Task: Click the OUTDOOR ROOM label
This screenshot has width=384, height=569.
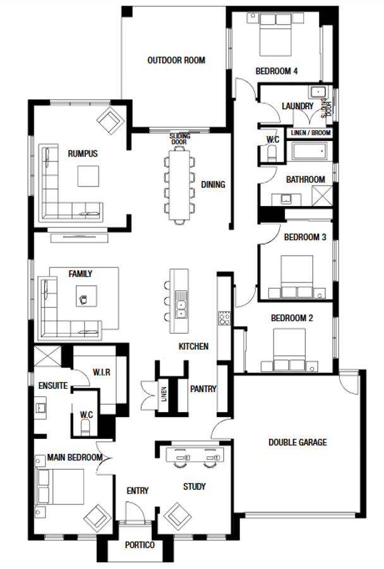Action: point(176,60)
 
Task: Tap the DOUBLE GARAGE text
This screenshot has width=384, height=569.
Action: point(297,443)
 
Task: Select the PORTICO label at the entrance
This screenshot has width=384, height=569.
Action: point(140,545)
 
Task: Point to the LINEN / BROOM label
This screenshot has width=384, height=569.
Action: point(310,133)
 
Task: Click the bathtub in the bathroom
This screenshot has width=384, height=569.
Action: point(309,150)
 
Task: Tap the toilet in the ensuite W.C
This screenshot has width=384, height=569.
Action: point(85,427)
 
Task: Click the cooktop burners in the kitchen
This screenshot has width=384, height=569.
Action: point(224,318)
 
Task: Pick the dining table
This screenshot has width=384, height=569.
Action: point(179,184)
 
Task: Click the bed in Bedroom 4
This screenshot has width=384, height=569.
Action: point(275,35)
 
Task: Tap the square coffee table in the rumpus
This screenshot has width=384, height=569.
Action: point(88,176)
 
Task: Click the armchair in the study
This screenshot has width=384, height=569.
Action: point(177,516)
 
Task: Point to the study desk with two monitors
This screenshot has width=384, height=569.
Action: point(195,454)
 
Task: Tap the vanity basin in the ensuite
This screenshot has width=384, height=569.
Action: point(40,408)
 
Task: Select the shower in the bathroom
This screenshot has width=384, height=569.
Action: point(322,196)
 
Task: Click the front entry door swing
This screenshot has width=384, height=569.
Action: point(135,511)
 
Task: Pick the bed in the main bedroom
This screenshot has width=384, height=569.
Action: point(60,487)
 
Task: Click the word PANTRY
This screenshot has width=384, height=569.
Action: point(203,389)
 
